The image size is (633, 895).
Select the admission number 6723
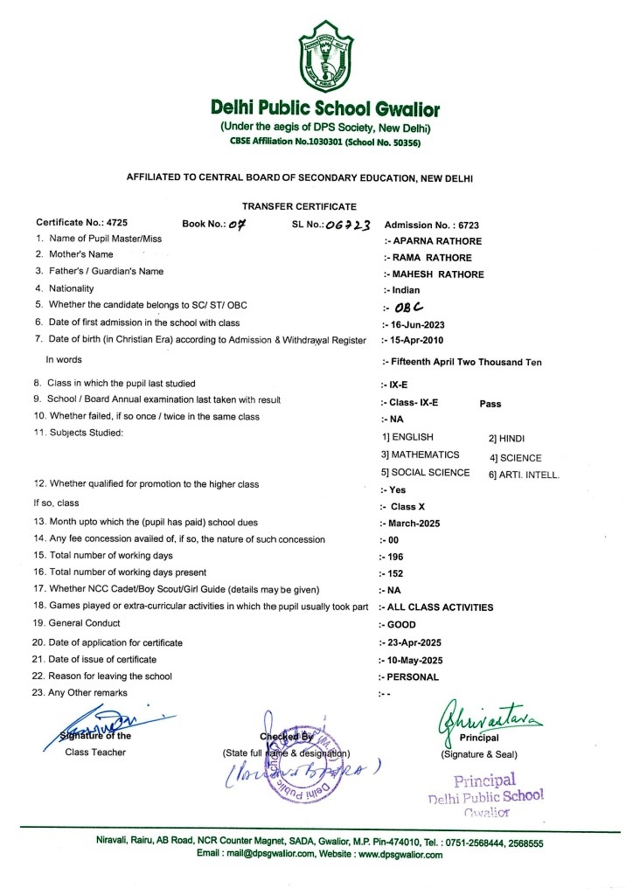click(467, 225)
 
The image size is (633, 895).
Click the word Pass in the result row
click(492, 404)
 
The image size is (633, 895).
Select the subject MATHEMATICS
click(421, 454)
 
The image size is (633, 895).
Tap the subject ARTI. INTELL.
click(525, 475)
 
